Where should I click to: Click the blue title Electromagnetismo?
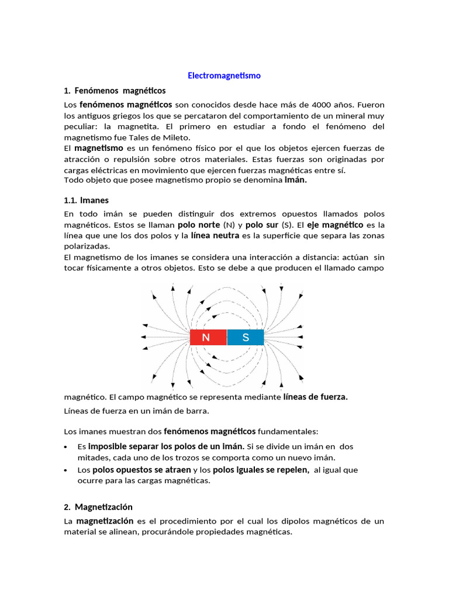click(224, 75)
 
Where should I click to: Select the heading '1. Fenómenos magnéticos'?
click(115, 91)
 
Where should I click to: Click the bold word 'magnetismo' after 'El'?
click(98, 148)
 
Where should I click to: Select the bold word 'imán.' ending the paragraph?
click(295, 181)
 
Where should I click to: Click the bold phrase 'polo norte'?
click(198, 225)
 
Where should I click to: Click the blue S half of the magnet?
click(246, 338)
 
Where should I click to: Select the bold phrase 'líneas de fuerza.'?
click(315, 397)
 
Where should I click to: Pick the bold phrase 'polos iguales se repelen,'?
click(261, 470)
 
